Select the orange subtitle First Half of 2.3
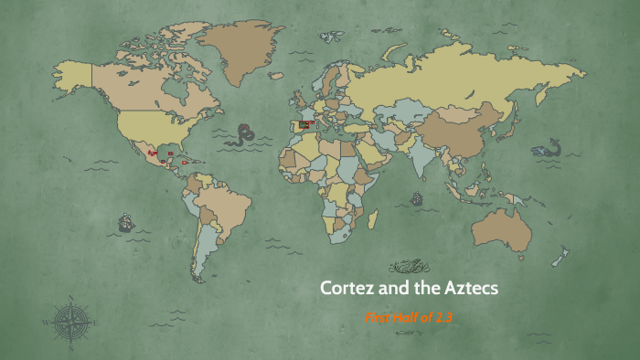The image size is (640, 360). (x=409, y=317)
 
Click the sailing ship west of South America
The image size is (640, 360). (x=125, y=222)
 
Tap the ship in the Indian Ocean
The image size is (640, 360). (x=417, y=196)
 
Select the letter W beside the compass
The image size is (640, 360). (x=45, y=321)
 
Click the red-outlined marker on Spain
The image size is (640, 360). (x=305, y=122)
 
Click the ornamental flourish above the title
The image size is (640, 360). (x=408, y=267)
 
